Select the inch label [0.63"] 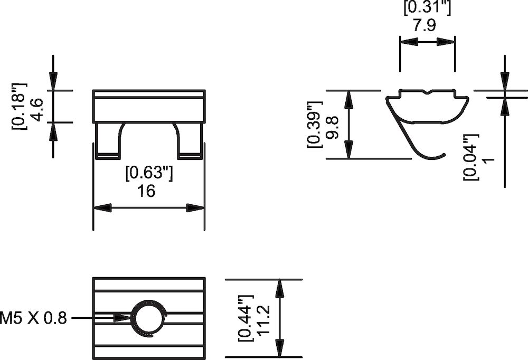(148, 173)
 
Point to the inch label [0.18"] (19, 105)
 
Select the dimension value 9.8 (332, 128)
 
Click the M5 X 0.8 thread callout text (34, 318)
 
